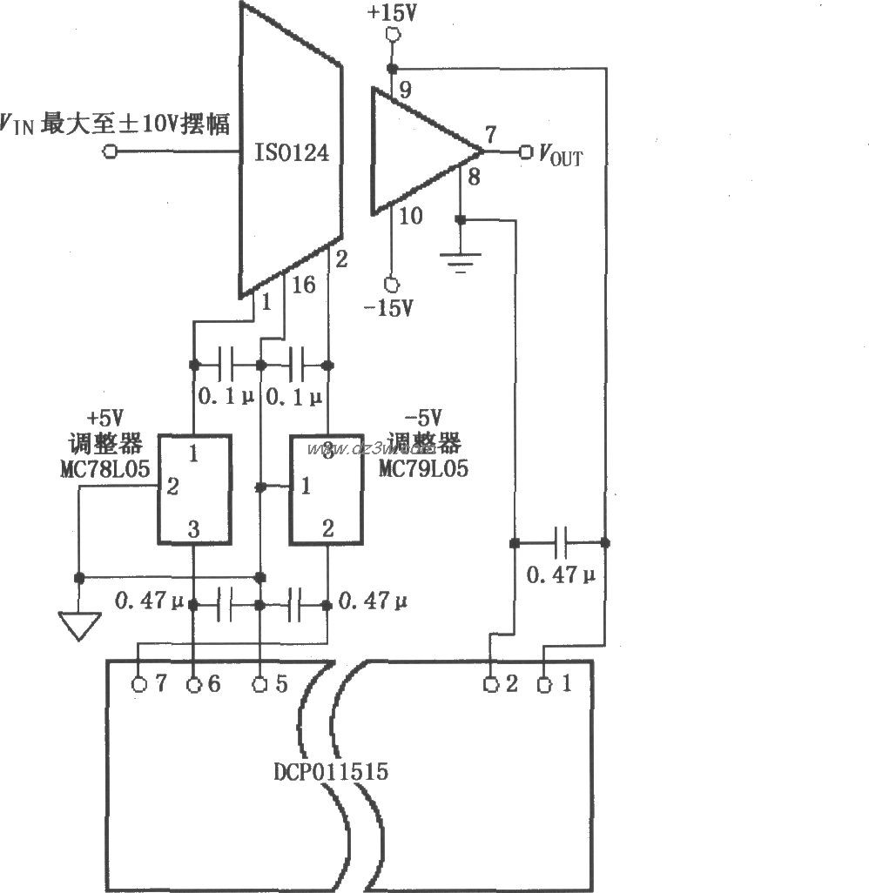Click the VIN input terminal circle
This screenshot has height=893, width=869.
110,151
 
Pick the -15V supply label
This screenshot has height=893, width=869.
390,309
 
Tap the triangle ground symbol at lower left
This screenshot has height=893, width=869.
77,625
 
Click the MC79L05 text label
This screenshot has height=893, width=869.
423,468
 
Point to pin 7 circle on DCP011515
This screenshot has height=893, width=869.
139,684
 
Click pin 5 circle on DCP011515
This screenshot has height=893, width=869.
260,684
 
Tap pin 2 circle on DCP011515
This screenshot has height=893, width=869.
491,684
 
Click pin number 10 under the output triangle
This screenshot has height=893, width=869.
409,216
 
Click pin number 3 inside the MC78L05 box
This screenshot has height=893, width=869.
192,527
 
